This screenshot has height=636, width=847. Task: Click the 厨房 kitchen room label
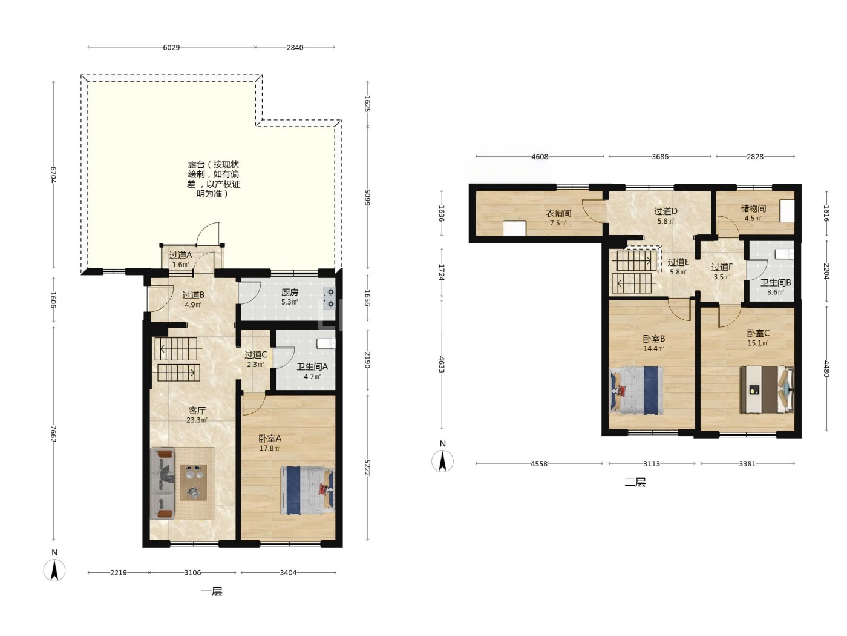[x=289, y=293]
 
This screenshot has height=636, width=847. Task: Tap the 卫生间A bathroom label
[x=312, y=366]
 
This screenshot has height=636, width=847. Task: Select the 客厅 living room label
[x=197, y=410]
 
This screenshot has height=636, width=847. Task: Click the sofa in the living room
[x=163, y=483]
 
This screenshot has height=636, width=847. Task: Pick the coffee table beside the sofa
[x=194, y=482]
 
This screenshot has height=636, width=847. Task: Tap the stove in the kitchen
[x=330, y=298]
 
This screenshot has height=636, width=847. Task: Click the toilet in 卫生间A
[x=326, y=343]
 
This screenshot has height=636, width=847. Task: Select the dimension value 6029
[x=171, y=47]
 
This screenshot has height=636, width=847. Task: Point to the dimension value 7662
[x=54, y=434]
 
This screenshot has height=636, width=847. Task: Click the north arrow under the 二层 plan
[x=443, y=461]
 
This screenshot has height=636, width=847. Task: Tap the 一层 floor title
[x=212, y=591]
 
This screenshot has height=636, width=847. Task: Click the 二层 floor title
[x=635, y=482]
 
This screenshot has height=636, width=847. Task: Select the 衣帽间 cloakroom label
[x=558, y=213]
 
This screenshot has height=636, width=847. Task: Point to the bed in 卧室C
[x=767, y=389]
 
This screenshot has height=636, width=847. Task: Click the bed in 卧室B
[x=636, y=390]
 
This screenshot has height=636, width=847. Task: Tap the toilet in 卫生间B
[x=784, y=254]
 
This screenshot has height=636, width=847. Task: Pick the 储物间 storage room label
[x=753, y=208]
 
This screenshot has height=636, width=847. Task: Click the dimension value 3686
[x=660, y=157]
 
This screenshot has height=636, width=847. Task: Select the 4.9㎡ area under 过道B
[x=194, y=305]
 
